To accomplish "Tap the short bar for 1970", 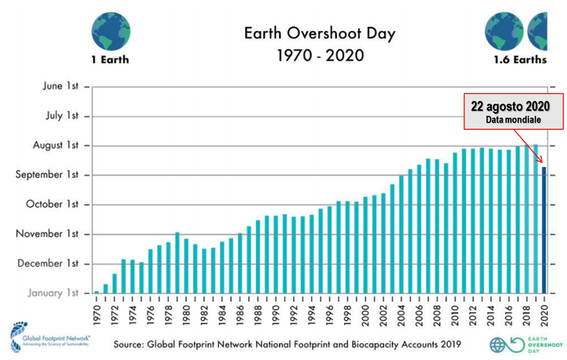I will [96, 292].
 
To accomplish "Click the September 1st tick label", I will [47, 175].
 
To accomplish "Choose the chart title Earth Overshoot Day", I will [320, 34].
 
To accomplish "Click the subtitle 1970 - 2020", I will [320, 55].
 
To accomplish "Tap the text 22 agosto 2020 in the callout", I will [510, 106].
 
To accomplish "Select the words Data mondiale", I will [513, 120].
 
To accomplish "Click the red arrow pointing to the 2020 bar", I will [529, 146].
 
